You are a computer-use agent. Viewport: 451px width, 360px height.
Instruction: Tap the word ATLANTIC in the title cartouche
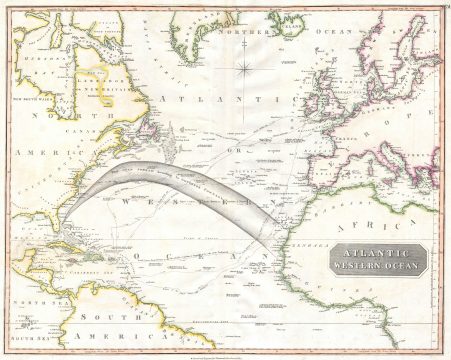click(x=378, y=255)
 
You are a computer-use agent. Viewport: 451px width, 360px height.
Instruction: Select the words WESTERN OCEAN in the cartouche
click(x=378, y=267)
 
